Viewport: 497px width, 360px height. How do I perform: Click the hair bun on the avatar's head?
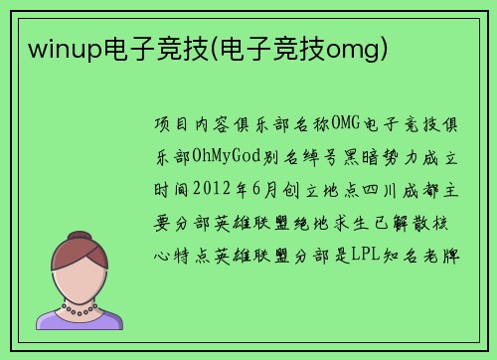point(79,241)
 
